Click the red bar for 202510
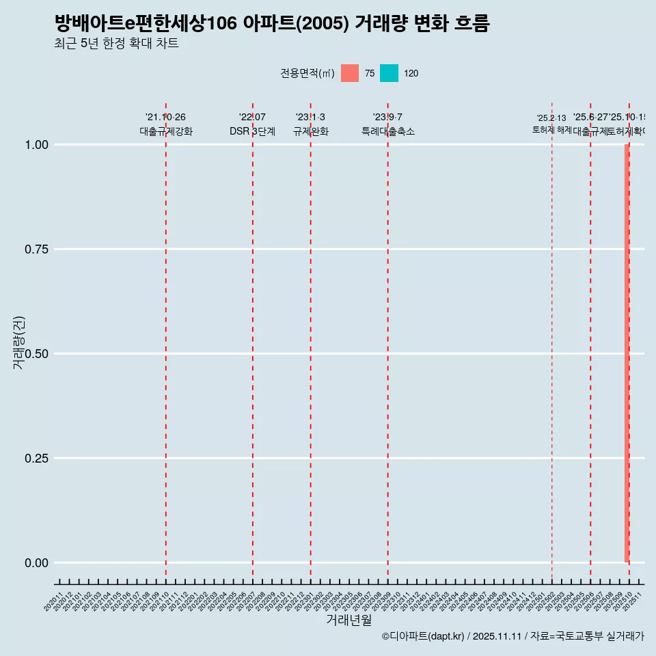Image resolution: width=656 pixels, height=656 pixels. click(627, 353)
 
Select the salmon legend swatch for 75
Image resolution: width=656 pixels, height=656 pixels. click(350, 73)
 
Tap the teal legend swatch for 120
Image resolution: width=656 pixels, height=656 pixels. click(389, 73)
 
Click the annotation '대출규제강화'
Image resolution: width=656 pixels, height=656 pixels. click(166, 131)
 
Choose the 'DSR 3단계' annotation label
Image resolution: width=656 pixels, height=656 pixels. click(252, 131)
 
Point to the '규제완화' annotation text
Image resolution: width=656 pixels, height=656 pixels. click(311, 131)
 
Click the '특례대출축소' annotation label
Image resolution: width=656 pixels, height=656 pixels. click(388, 131)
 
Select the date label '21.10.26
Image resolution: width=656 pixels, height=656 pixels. click(165, 118)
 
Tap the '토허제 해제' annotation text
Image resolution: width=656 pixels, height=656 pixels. click(551, 130)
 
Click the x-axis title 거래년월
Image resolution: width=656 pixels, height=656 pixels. click(348, 620)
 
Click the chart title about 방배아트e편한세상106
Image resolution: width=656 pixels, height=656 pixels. click(272, 23)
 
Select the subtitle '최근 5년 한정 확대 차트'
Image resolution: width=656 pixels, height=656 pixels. click(116, 44)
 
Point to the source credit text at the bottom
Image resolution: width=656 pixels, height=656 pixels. click(512, 636)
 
